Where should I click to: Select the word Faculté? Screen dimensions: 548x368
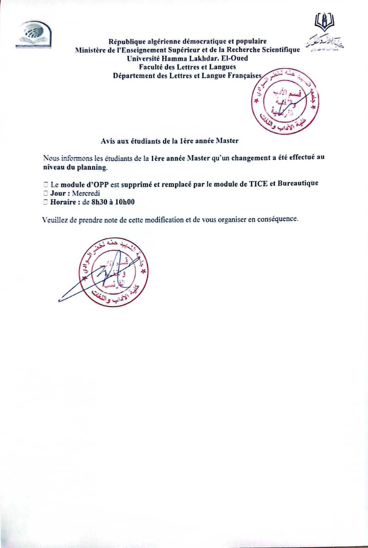(x=151, y=67)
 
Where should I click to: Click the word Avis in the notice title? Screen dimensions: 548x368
(x=108, y=141)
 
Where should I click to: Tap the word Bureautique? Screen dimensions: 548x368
(x=298, y=183)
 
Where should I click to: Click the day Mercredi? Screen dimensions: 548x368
(x=85, y=193)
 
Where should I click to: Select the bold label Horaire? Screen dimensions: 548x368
(x=63, y=202)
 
